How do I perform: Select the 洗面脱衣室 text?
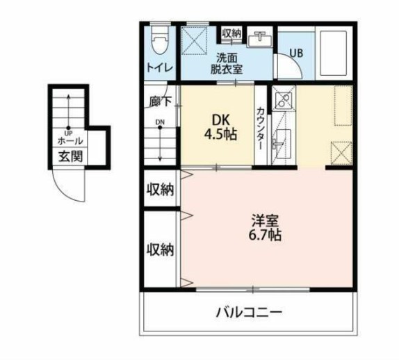pos(227,63)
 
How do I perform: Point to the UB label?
pos(295,52)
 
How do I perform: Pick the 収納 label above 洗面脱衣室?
pos(231,33)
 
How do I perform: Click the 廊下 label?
pos(160,101)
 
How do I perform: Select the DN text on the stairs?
pos(160,123)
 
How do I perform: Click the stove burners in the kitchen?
pos(283,101)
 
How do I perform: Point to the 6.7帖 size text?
pos(265,236)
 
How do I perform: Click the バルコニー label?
pos(249,313)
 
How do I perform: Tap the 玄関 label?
pos(70,156)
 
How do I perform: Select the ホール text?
pos(70,141)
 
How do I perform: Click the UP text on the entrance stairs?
pos(69,132)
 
